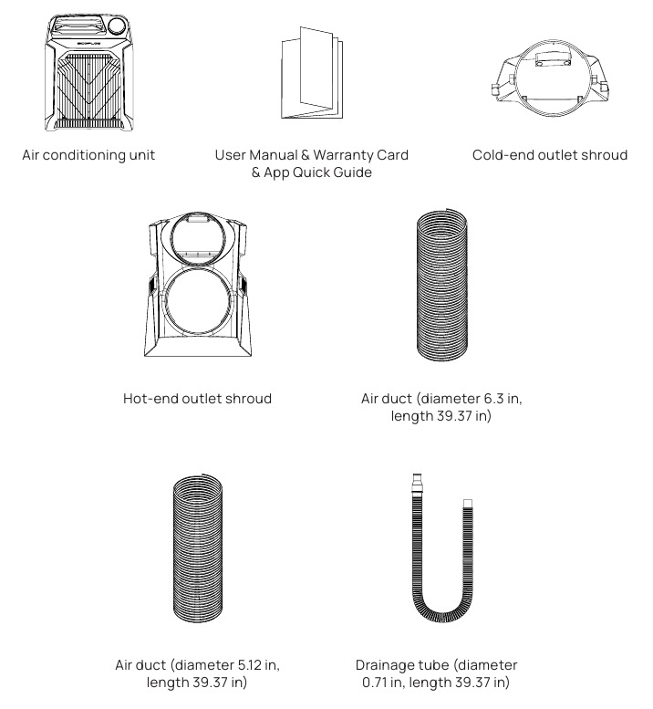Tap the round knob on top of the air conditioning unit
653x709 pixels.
pos(118,26)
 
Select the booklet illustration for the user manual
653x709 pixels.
pos(312,72)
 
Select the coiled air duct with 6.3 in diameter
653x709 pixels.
pos(442,285)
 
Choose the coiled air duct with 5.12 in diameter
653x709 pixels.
pos(198,548)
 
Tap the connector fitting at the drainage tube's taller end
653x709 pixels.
pos(417,484)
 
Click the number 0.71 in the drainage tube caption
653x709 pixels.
pos(376,682)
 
